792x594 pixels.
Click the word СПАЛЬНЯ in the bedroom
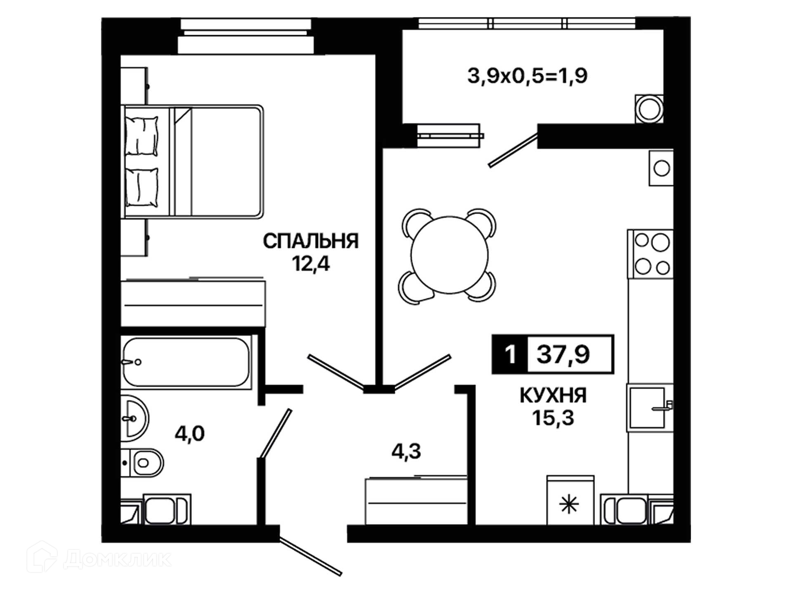311,241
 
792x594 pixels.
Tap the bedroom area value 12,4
311,264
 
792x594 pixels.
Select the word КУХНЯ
553,396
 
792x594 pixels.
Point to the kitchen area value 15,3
553,418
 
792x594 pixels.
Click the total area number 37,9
563,354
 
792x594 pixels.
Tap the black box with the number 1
510,354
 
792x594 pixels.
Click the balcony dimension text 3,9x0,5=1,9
527,76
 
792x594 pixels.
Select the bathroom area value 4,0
189,434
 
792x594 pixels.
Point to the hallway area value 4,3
406,452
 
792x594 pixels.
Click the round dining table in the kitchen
449,255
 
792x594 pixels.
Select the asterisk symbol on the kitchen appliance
569,505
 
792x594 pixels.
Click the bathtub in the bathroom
186,362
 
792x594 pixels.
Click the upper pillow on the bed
141,136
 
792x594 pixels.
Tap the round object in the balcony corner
648,109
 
